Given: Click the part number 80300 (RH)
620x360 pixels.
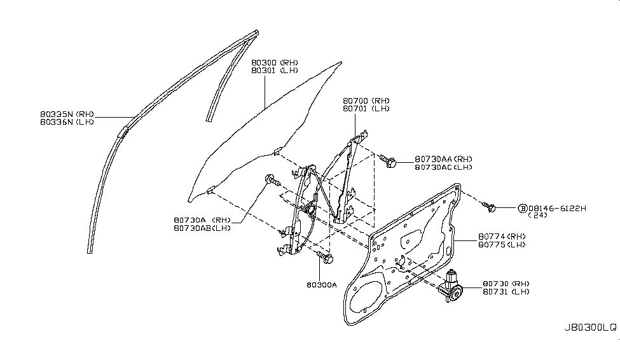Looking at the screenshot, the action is click(275, 62).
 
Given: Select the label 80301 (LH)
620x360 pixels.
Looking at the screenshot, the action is click(275, 71).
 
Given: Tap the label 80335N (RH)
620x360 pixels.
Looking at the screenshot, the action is click(67, 114).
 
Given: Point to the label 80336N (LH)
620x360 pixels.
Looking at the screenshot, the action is click(67, 122).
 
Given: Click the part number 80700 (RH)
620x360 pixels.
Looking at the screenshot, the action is click(366, 101).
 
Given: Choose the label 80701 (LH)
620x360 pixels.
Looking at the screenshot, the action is click(366, 108).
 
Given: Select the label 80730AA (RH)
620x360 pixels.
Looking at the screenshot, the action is click(444, 159).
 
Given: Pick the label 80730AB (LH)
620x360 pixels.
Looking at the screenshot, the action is click(202, 228).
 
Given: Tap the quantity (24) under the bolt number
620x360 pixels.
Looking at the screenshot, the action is click(537, 215).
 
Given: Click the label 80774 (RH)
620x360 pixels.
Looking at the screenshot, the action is click(502, 237).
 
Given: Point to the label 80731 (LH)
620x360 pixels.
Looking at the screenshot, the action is click(506, 292).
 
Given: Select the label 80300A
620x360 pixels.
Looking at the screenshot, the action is click(322, 285).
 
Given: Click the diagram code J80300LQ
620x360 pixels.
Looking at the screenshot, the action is click(590, 328).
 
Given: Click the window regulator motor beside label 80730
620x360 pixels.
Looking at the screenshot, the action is click(451, 287).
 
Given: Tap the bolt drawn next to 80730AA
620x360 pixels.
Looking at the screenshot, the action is click(387, 161).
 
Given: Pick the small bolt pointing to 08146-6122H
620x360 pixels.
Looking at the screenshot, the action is click(490, 207).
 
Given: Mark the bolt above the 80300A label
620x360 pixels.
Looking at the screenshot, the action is click(325, 258).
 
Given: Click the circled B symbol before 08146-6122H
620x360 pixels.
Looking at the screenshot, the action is click(523, 209).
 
